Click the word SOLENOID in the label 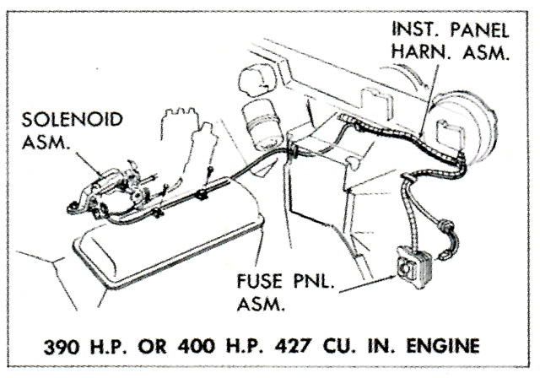tap(72, 120)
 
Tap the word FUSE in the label tap(260, 281)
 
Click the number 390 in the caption tap(62, 346)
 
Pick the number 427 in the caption tap(293, 346)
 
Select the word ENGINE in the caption tap(443, 346)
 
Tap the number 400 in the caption tap(196, 346)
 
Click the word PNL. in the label tap(314, 281)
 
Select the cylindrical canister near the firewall tap(262, 125)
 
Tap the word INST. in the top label tap(416, 30)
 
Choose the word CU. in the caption tap(337, 346)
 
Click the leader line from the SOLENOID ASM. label tap(89, 165)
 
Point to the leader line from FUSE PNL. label tap(366, 284)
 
